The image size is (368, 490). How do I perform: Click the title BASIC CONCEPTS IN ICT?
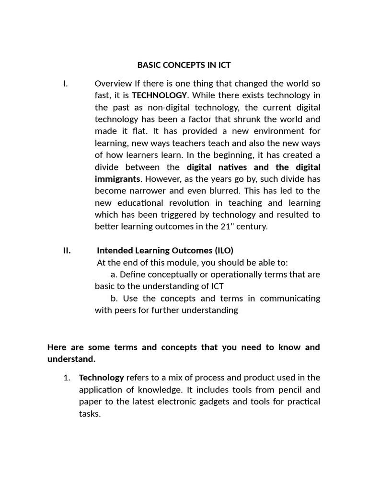[184, 65]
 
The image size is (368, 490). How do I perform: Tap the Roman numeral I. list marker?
[66, 84]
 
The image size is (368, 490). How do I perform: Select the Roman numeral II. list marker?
[67, 250]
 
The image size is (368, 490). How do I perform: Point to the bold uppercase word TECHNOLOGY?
[160, 95]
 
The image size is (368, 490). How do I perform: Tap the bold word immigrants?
[117, 179]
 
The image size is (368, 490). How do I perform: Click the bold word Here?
[57, 347]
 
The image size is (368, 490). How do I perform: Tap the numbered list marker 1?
[67, 378]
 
